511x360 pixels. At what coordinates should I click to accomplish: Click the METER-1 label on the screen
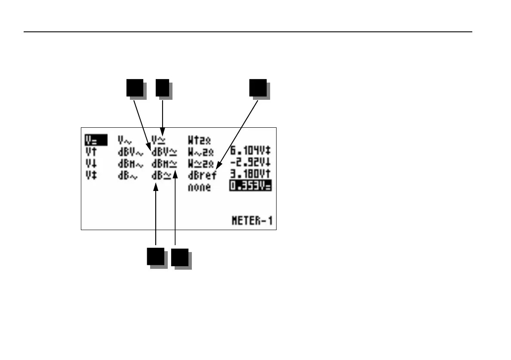tap(252, 222)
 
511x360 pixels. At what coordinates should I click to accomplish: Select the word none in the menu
tap(199, 188)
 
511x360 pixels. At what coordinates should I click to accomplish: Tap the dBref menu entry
tap(202, 175)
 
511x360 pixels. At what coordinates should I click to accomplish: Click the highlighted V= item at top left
tap(95, 140)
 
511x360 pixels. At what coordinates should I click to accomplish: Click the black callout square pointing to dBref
tap(259, 89)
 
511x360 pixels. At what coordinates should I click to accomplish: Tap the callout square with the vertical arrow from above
tap(162, 89)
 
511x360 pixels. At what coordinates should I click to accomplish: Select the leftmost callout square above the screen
tap(135, 89)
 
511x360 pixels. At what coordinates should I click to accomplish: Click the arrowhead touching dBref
tap(217, 167)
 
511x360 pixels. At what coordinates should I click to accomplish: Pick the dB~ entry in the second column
tap(127, 176)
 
